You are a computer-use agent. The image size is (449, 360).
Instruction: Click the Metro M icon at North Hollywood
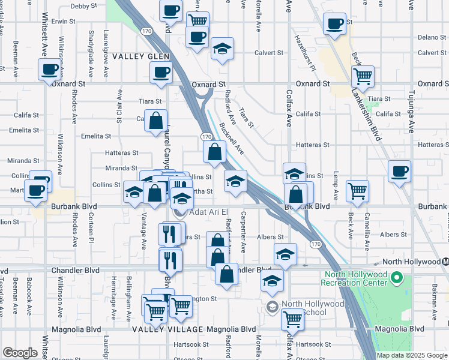[445, 262]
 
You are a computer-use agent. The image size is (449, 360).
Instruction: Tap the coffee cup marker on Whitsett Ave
[49, 69]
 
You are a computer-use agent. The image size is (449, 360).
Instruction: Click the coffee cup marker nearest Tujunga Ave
[399, 172]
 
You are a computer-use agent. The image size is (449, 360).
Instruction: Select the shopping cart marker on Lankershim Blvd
[363, 76]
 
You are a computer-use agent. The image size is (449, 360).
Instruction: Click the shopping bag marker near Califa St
[156, 121]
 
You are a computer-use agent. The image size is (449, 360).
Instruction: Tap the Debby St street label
[83, 6]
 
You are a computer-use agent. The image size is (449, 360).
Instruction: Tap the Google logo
[20, 353]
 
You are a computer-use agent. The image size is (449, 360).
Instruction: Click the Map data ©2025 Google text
[411, 355]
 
